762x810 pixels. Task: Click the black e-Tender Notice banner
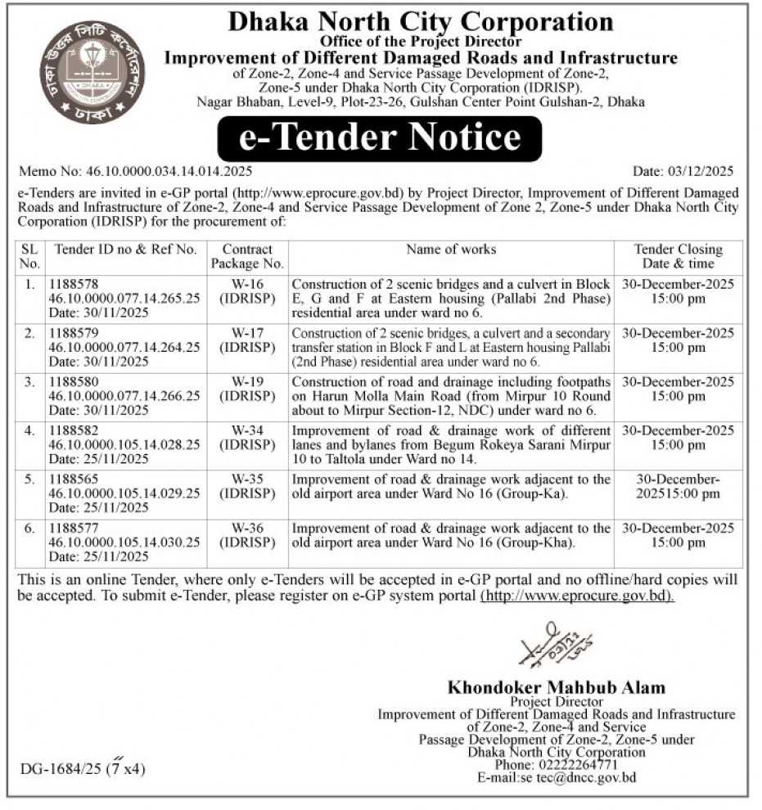tap(380, 137)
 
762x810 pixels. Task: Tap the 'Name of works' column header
tap(451, 250)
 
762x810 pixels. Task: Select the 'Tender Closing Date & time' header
tap(678, 256)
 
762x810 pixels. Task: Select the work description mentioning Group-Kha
tap(451, 536)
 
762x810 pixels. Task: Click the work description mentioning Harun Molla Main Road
tap(451, 396)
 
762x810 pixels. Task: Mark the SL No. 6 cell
tap(30, 529)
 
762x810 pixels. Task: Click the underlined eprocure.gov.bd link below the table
tap(577, 596)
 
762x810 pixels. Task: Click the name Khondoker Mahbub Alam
tap(556, 687)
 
